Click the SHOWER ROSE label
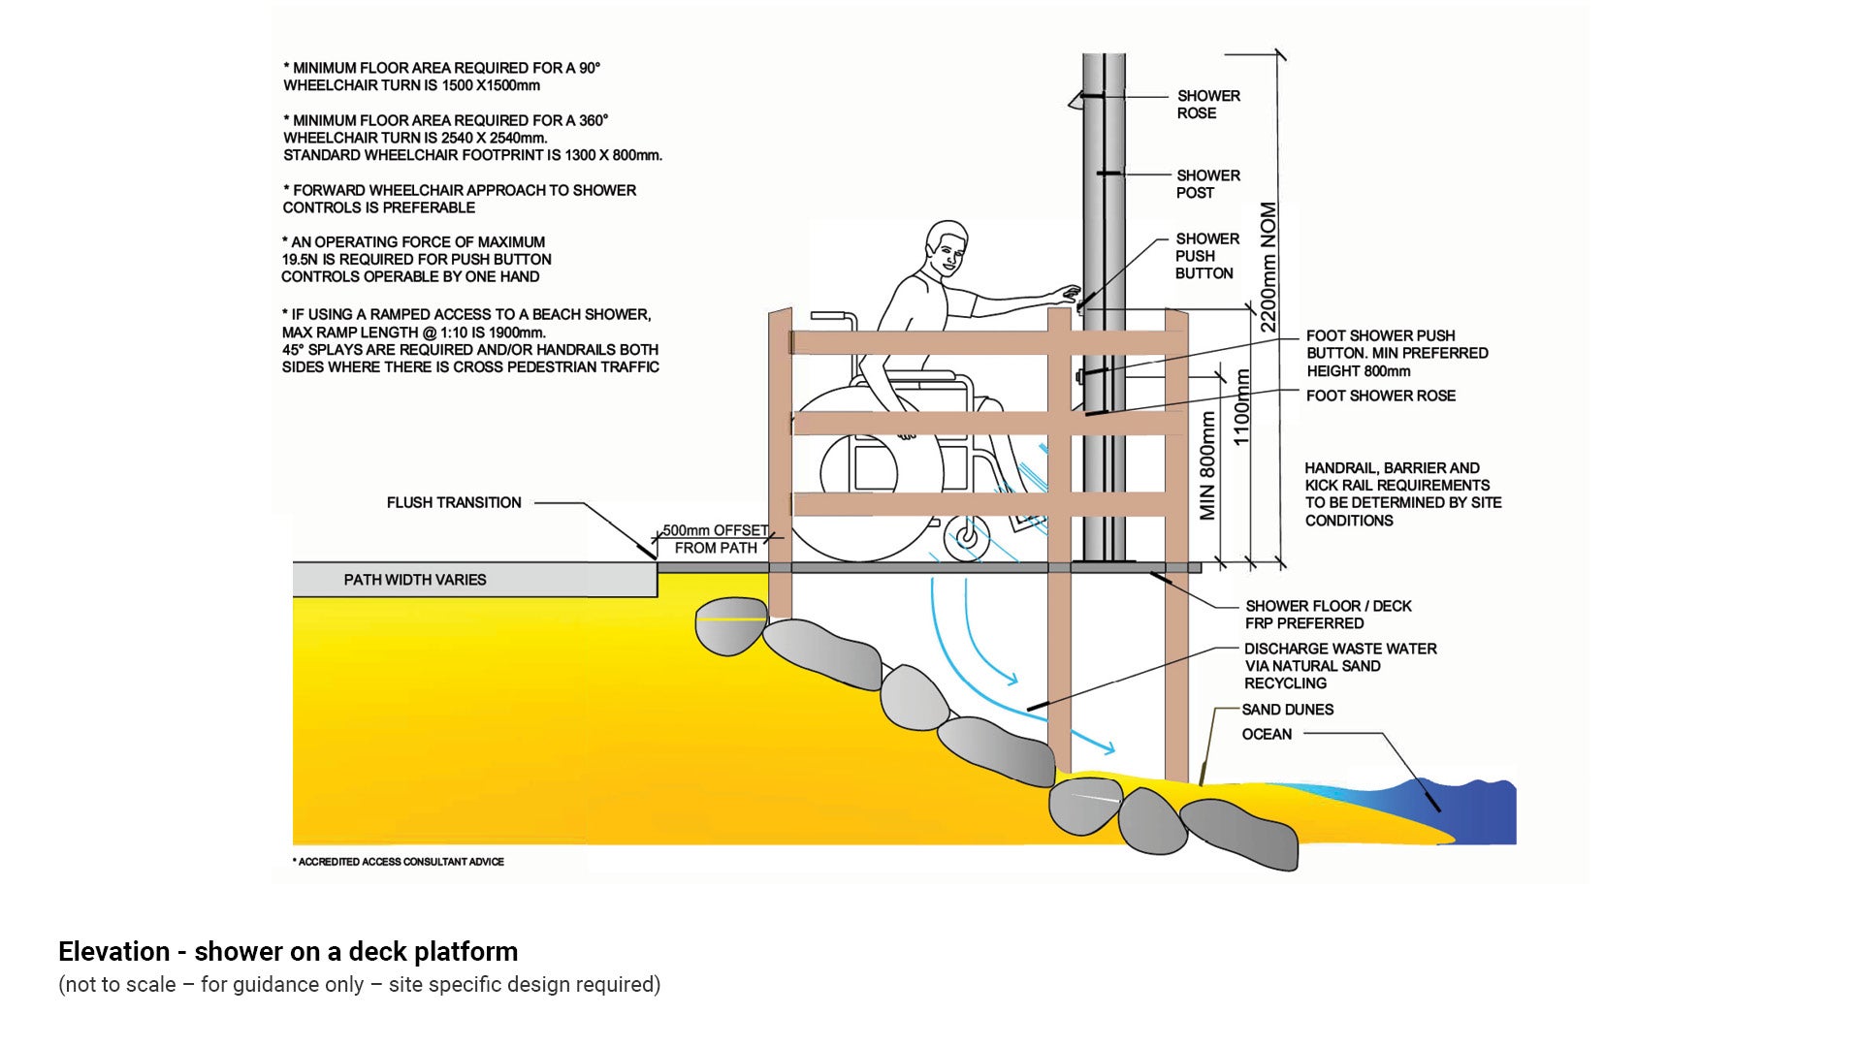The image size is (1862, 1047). point(1207,105)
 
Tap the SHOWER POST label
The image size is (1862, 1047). point(1207,184)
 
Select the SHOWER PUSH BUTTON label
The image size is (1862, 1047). point(1206,256)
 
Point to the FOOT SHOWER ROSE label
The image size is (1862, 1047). point(1380,396)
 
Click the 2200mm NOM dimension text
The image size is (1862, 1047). point(1268,268)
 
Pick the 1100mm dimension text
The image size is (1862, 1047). point(1241,407)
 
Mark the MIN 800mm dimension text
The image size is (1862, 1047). point(1207,465)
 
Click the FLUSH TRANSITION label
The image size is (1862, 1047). point(454,502)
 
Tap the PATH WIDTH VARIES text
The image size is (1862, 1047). point(415,580)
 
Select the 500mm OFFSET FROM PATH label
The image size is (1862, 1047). point(716,539)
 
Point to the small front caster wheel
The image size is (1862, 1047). point(966,536)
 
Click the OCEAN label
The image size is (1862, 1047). point(1267,734)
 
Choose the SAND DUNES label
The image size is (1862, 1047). point(1287,710)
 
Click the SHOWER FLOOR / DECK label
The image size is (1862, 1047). point(1328,615)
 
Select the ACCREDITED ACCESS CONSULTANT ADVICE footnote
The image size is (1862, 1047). point(399,862)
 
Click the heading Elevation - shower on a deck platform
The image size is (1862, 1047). point(288,951)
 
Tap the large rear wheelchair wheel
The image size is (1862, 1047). point(858,475)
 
